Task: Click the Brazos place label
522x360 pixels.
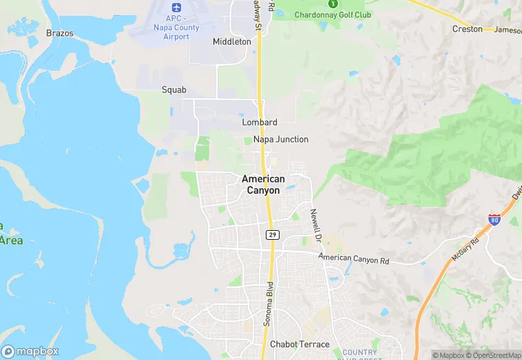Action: (59, 33)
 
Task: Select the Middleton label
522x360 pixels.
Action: (232, 41)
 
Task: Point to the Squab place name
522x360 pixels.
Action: (174, 89)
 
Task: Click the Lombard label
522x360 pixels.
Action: (260, 122)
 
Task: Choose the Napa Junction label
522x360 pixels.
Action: (281, 139)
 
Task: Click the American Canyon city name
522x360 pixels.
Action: (263, 184)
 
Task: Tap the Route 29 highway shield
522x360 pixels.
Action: (272, 235)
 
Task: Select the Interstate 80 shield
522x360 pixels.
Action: (495, 220)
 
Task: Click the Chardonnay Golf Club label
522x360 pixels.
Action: (332, 14)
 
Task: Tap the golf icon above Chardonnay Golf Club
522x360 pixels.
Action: (333, 3)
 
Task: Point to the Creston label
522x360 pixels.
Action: (467, 29)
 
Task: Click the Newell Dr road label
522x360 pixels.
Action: (316, 226)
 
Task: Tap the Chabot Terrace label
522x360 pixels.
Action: (299, 344)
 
